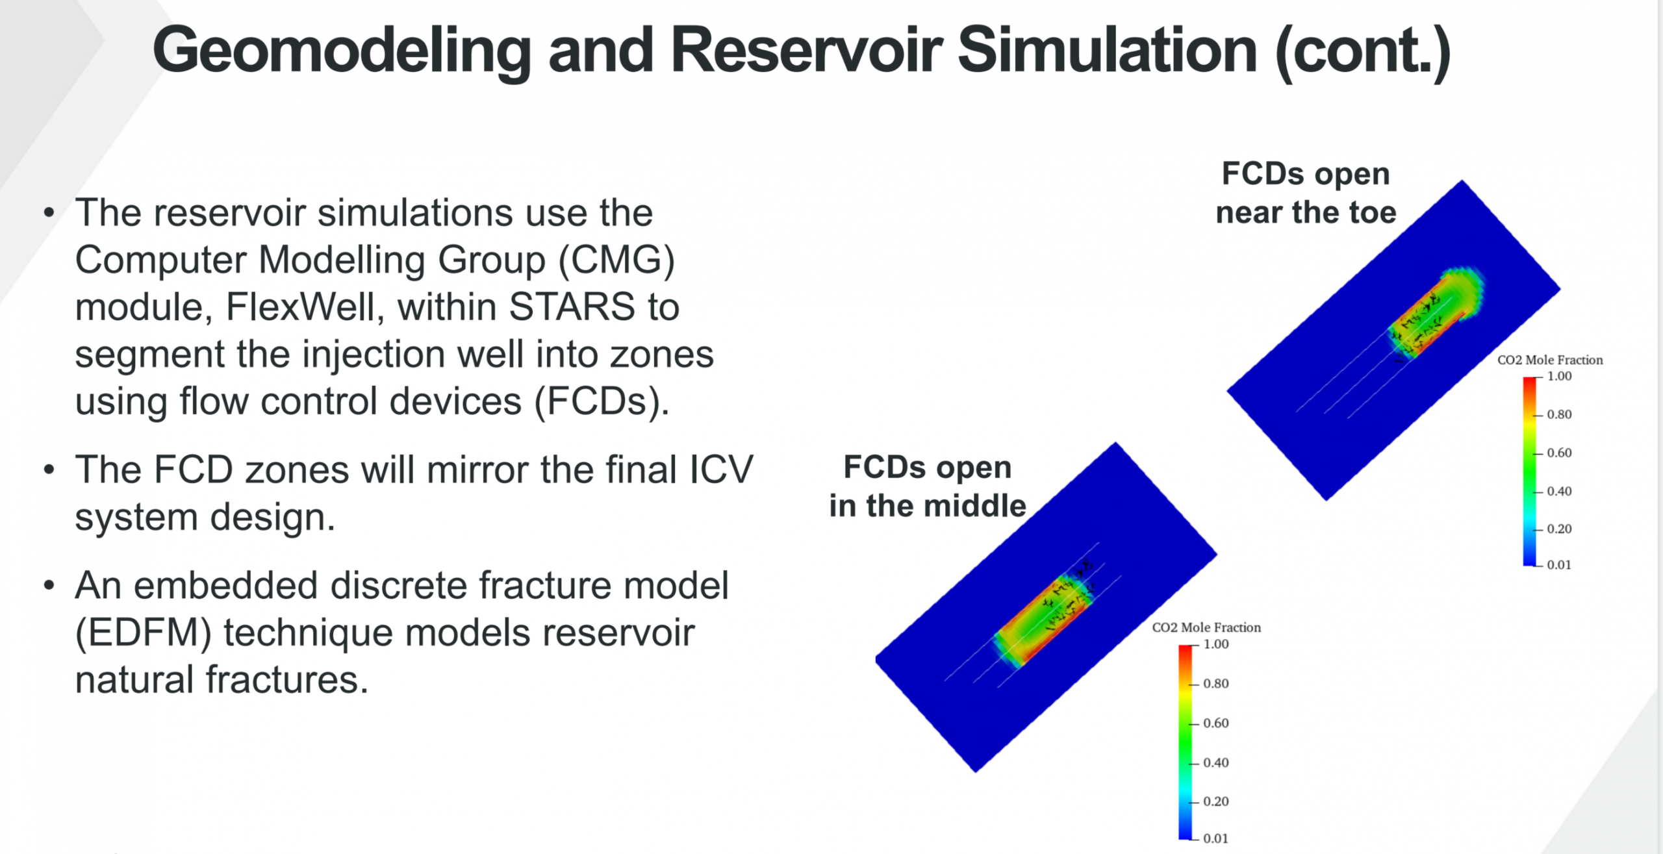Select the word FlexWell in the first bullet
tap(301, 307)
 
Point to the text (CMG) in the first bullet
tap(617, 260)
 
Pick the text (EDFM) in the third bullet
tap(144, 633)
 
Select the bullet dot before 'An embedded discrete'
tap(49, 586)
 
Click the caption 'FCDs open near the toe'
tap(1306, 193)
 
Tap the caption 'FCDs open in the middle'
tap(928, 486)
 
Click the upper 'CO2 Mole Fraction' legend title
tap(1550, 360)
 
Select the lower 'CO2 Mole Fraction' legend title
tap(1206, 627)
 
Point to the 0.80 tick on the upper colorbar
tap(1559, 414)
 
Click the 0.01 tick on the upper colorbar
tap(1559, 565)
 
